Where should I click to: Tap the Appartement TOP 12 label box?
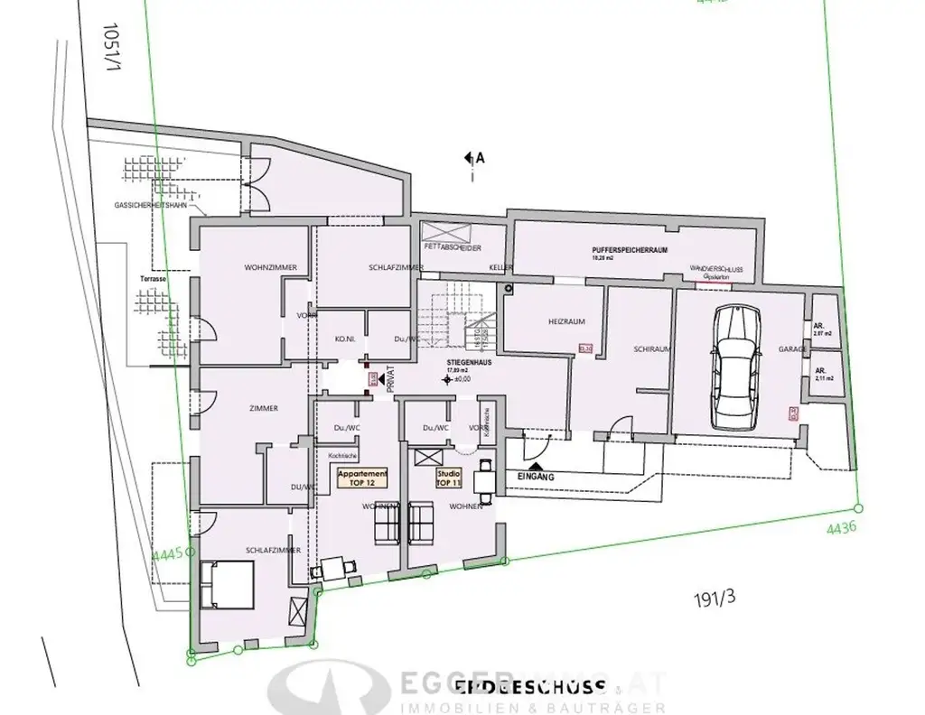click(x=362, y=478)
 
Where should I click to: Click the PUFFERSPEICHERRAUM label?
click(x=630, y=250)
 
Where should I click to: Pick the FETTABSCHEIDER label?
click(x=452, y=247)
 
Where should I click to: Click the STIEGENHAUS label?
click(x=466, y=360)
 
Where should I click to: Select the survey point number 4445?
click(x=169, y=552)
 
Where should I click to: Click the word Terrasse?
click(x=154, y=280)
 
